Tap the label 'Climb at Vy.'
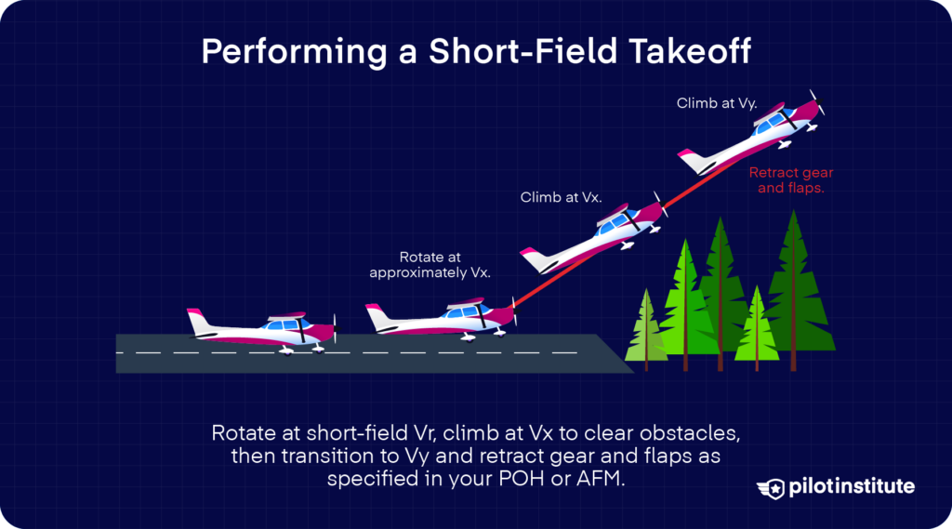717,103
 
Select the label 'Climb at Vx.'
561,197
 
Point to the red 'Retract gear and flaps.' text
792,179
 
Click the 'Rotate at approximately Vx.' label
430,264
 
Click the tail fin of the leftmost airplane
199,321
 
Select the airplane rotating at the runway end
441,319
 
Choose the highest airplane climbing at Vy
753,136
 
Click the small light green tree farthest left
644,325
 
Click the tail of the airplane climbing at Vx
535,258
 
